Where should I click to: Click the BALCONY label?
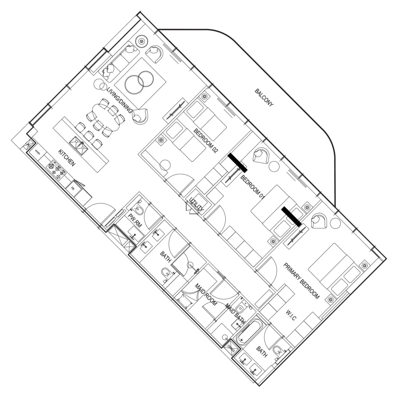[264, 98]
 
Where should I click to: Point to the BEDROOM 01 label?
[252, 187]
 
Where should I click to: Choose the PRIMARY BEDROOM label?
[301, 281]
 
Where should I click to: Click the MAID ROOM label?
[206, 296]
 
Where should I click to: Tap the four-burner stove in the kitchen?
[57, 169]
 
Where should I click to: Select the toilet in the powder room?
[138, 209]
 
